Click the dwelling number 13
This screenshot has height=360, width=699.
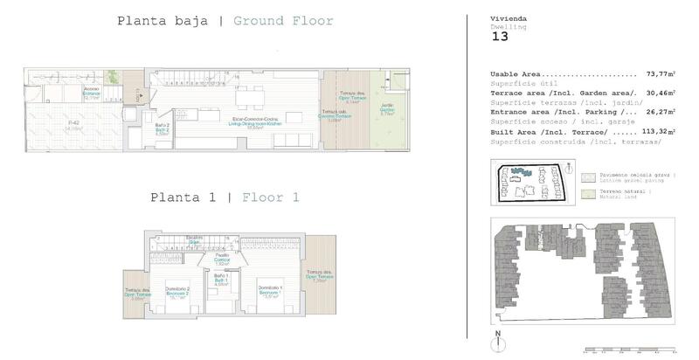(x=500, y=37)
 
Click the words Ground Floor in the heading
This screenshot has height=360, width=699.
(x=283, y=21)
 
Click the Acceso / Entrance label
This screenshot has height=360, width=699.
(x=92, y=93)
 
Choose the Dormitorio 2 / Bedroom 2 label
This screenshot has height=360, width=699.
(x=177, y=291)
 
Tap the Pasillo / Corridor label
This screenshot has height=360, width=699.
(x=222, y=260)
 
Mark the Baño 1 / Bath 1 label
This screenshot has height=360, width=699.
(x=222, y=280)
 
